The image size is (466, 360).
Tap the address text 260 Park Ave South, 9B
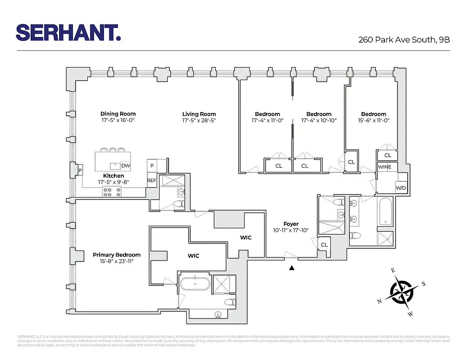[x=404, y=39]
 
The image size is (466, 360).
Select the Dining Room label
[x=118, y=114]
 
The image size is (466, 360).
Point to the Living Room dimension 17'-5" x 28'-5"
[x=199, y=121]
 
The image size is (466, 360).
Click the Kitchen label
[x=113, y=175]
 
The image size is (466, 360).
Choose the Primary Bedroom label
[x=117, y=255]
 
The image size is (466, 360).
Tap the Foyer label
[x=291, y=224]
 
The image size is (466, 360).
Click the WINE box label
[x=385, y=167]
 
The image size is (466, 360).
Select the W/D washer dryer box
[x=401, y=188]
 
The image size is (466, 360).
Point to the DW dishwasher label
[x=125, y=166]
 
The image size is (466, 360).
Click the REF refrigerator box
[x=151, y=180]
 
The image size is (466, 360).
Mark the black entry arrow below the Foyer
[x=292, y=268]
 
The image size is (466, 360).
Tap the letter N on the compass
[x=380, y=301]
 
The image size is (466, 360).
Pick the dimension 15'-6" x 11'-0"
[x=373, y=121]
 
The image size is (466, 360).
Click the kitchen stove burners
[x=113, y=192]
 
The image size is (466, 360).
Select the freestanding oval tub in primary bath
[x=195, y=284]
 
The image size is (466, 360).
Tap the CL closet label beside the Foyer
[x=324, y=245]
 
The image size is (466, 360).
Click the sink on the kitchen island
[x=113, y=165]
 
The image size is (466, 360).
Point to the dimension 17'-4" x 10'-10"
[x=319, y=121]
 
